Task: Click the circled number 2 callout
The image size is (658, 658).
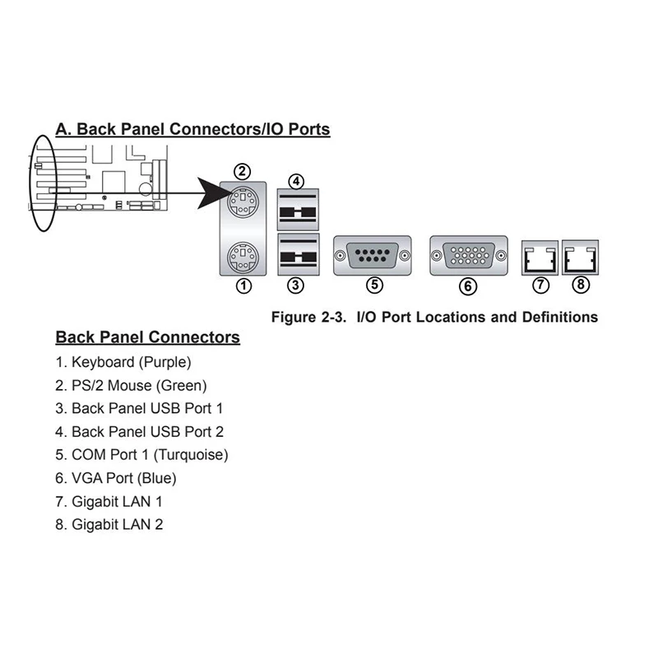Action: [x=242, y=171]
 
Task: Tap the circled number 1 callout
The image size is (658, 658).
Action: [x=243, y=286]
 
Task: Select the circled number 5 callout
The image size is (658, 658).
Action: [x=374, y=285]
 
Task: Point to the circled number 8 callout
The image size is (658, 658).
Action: [x=582, y=285]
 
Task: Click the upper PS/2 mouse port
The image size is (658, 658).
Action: [x=243, y=203]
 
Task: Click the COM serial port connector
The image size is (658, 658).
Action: [x=373, y=255]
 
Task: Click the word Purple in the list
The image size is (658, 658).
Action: [x=164, y=361]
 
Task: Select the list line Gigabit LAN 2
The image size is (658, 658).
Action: [x=109, y=524]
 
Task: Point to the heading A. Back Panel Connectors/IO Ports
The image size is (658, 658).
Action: [x=192, y=129]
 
